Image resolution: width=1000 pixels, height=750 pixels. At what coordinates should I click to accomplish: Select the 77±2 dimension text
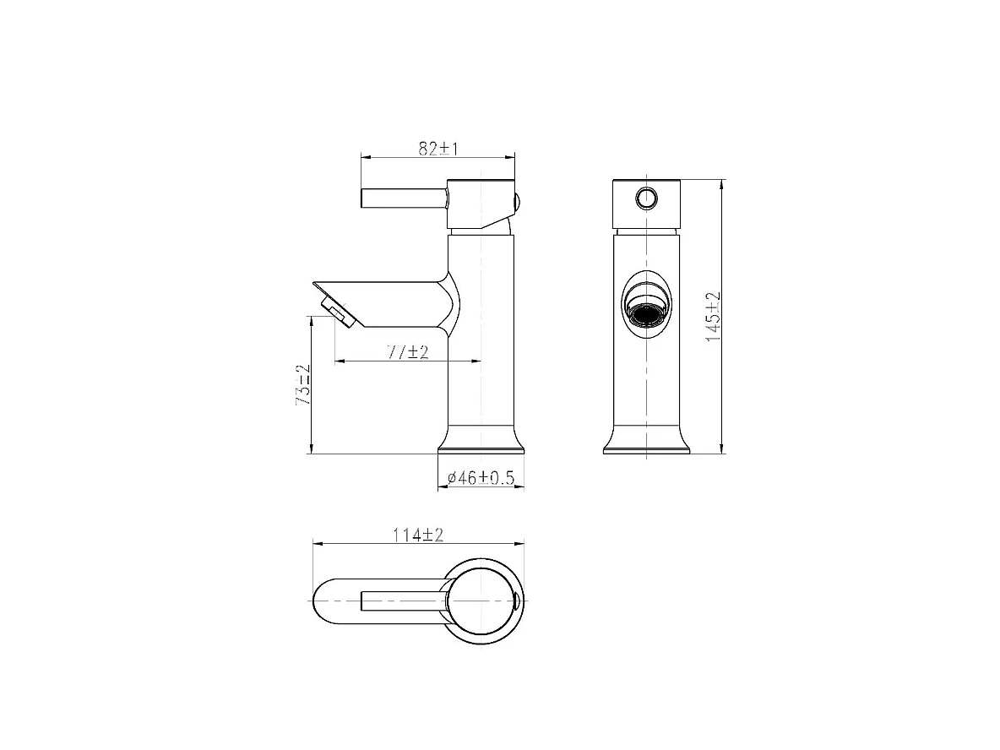(408, 351)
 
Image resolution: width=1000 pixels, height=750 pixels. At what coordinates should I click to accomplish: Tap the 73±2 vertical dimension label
(303, 384)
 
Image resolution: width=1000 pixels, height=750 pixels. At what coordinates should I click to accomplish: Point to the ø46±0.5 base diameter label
(481, 478)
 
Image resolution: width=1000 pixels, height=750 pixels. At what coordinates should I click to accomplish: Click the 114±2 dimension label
(418, 535)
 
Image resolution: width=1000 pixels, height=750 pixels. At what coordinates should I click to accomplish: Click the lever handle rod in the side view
(405, 198)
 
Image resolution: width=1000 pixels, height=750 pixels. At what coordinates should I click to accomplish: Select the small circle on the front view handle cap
(647, 198)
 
